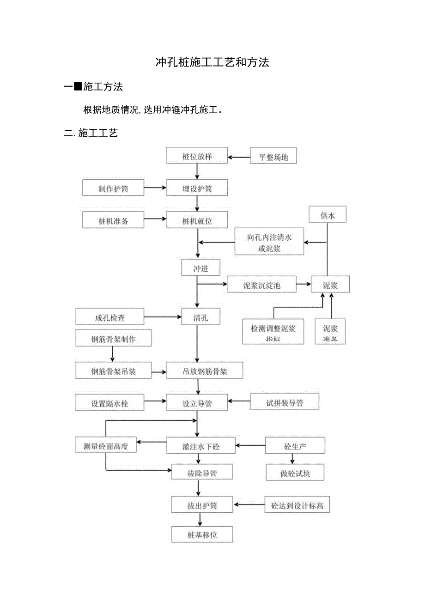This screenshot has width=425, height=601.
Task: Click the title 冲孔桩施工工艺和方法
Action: tap(212, 63)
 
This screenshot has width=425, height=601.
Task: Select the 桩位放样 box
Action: tap(197, 156)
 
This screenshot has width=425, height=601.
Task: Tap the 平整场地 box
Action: tap(273, 157)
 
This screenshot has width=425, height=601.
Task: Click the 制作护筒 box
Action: tap(113, 188)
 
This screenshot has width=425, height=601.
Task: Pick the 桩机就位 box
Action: tap(197, 221)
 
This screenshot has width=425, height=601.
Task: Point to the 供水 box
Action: tap(327, 215)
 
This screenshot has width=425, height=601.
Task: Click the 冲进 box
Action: tap(201, 268)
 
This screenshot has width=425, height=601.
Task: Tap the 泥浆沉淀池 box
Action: tap(261, 285)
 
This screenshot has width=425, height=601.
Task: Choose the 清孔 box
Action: tap(201, 317)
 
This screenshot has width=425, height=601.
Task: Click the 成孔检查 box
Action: tap(110, 317)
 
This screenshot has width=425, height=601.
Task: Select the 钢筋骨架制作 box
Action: tap(113, 339)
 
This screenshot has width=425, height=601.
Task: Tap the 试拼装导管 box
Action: tap(284, 402)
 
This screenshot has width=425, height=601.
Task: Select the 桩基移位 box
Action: tap(202, 535)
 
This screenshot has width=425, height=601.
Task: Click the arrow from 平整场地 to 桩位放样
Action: tap(239, 157)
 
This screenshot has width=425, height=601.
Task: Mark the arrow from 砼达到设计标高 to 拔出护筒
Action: tap(249, 504)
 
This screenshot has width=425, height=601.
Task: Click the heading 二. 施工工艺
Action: tap(91, 134)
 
